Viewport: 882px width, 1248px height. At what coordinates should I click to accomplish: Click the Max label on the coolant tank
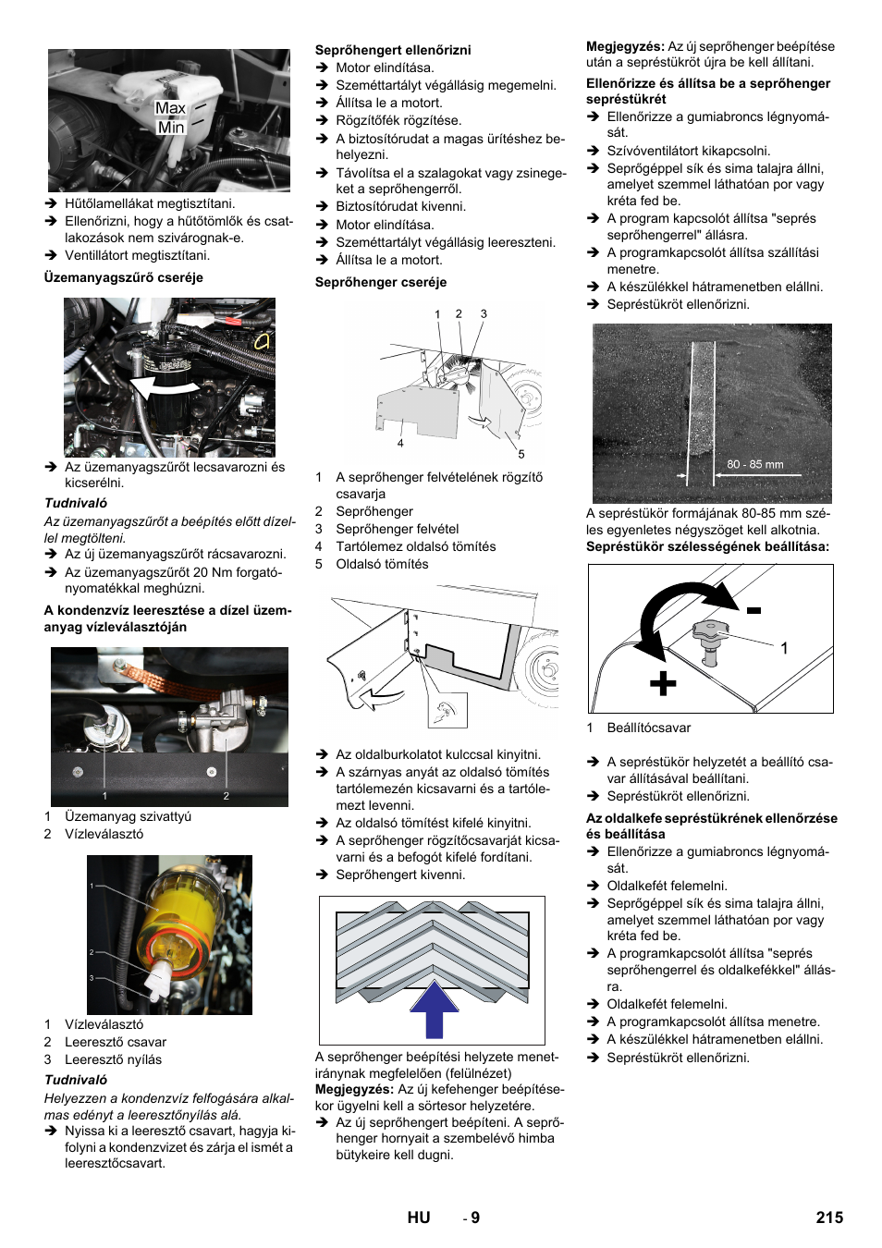coord(170,108)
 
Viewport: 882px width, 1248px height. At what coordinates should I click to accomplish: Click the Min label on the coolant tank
coord(171,128)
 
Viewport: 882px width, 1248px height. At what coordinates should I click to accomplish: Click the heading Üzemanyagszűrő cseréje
coord(123,277)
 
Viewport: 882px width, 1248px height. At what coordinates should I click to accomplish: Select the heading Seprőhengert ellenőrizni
coord(393,50)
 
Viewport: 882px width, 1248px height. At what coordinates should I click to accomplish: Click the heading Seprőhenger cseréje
coord(381,282)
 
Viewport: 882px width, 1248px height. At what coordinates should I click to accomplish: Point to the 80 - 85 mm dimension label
coord(754,464)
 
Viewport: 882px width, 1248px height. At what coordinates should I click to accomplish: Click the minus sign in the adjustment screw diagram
coord(754,610)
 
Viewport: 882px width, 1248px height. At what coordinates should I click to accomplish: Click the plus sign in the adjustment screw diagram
coord(662,683)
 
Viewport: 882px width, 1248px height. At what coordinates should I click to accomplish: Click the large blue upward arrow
coord(435,1009)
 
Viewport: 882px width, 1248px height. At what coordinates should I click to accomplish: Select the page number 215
coord(829,1217)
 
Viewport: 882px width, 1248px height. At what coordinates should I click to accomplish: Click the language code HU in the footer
coord(419,1217)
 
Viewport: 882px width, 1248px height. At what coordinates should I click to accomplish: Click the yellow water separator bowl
coord(176,924)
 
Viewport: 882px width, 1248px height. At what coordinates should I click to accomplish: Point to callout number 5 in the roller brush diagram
coord(521,454)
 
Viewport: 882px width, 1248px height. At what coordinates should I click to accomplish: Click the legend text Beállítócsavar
coord(648,728)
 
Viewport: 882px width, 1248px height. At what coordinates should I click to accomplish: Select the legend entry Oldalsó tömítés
coord(382,564)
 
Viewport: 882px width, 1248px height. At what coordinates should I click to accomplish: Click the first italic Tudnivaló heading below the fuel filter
coord(76,503)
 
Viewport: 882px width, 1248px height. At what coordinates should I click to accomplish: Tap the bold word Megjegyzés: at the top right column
coord(625,46)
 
